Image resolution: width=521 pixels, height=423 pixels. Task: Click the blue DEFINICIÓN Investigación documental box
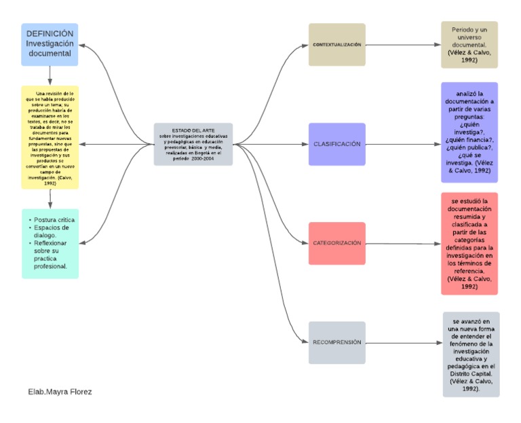[50, 44]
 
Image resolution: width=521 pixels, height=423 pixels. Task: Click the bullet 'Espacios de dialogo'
[52, 232]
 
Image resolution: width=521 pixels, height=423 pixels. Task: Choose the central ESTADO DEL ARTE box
[193, 144]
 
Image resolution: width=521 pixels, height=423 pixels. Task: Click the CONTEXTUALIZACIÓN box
[336, 45]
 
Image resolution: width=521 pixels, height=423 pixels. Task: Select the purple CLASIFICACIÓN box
[336, 144]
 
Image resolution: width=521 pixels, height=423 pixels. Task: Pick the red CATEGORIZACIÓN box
[336, 243]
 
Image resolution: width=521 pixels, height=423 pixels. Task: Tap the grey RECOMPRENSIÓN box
[336, 342]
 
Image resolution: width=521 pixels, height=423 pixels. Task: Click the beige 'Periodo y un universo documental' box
[469, 45]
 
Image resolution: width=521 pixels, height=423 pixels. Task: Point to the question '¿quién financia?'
[469, 139]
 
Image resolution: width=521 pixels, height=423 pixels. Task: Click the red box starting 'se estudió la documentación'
[469, 243]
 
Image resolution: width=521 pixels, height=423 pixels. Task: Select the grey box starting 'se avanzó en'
[471, 354]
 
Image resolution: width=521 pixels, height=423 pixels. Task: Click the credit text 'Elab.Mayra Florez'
[60, 392]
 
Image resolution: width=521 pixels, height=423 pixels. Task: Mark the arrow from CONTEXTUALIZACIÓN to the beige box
[403, 45]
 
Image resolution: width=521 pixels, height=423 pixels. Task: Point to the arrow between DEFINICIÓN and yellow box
[50, 75]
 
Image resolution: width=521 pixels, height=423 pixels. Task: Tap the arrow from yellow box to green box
[50, 198]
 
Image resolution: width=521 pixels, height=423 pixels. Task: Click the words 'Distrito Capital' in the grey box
[471, 373]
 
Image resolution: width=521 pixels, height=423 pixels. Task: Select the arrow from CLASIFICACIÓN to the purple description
[403, 144]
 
